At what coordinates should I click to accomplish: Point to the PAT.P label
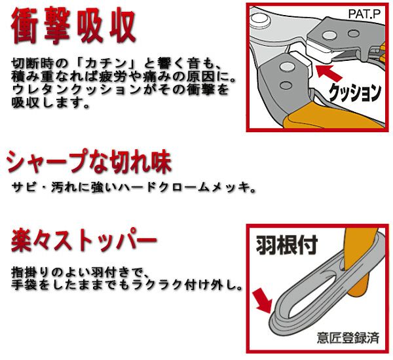click(x=366, y=12)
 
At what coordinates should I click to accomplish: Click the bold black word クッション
click(x=354, y=92)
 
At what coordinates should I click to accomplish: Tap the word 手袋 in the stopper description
click(x=26, y=286)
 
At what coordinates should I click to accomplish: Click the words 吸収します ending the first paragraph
click(x=46, y=103)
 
